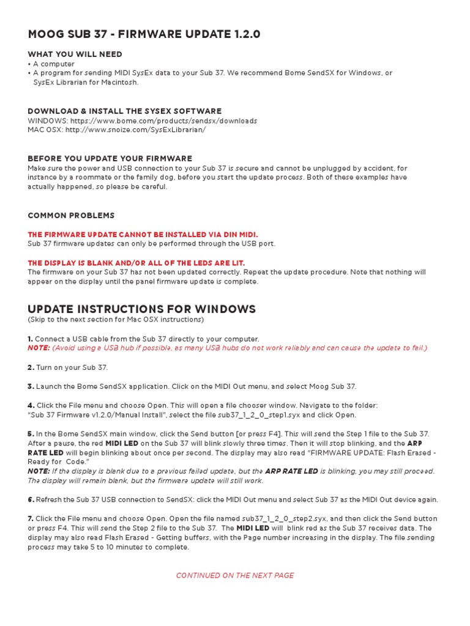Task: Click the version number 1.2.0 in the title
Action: (244, 34)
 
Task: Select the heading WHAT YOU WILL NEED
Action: (75, 54)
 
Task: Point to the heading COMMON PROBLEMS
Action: (71, 215)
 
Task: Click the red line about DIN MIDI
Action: (143, 234)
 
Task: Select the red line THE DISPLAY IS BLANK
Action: (144, 262)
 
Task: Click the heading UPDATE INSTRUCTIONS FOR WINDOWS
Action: (141, 309)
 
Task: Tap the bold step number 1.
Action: (31, 339)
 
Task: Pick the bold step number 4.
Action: (31, 405)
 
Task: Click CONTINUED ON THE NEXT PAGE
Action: (235, 575)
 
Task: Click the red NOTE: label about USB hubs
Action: (39, 348)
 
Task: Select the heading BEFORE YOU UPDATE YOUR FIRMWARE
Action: (110, 158)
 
